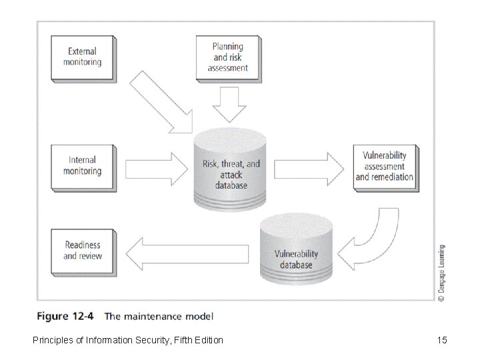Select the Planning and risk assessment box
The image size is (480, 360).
coord(227,57)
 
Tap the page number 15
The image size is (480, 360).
coord(441,341)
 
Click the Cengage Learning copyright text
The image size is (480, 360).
coord(442,273)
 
